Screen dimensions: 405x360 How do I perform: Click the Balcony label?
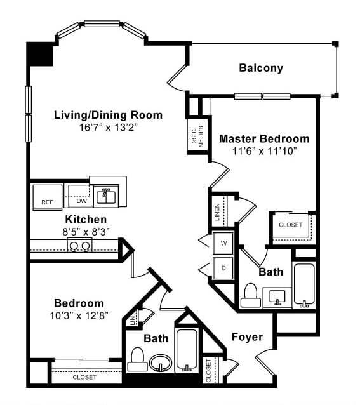(260, 68)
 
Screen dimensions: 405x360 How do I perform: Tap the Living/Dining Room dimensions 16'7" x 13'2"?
(108, 127)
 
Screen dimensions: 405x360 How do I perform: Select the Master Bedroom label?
(264, 138)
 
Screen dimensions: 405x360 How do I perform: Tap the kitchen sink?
(106, 196)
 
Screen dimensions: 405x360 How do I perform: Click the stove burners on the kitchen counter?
(79, 246)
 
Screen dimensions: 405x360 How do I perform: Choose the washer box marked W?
(223, 242)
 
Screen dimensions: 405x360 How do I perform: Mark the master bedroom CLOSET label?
(291, 225)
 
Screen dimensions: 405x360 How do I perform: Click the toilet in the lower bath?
(136, 359)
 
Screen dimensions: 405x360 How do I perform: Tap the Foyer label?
(246, 336)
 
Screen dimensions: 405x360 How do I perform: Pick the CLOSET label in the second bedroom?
(84, 377)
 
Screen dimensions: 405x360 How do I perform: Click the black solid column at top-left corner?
(39, 53)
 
